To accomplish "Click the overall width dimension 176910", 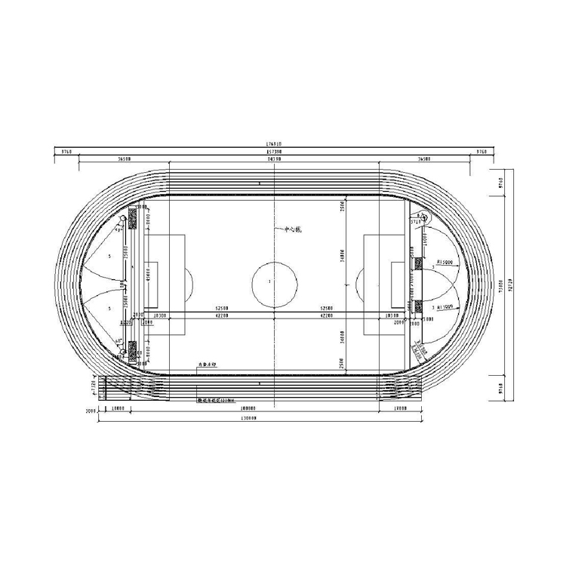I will click(274, 143).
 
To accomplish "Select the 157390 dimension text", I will click(274, 152).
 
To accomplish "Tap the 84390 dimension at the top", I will click(274, 160).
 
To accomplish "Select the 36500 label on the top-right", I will click(424, 160).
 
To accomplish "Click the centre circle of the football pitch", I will click(270, 281).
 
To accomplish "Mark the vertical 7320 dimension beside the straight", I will click(94, 386).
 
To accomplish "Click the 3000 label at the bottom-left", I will click(90, 413).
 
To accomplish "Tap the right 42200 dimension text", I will click(327, 316).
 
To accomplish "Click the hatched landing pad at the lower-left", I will click(133, 349).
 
